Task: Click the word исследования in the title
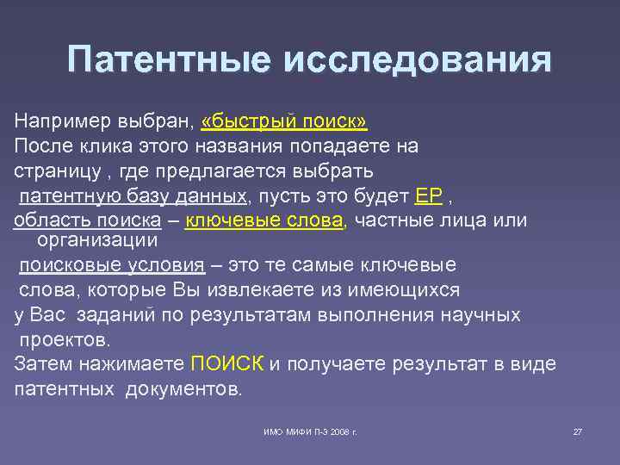coord(414,61)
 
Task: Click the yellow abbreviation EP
coord(427,195)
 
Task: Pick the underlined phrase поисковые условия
coord(112,265)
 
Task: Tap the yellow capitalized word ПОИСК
coord(227,363)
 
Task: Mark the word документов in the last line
coord(184,388)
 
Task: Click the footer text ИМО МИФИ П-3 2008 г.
coord(310,431)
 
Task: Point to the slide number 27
coord(578,431)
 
